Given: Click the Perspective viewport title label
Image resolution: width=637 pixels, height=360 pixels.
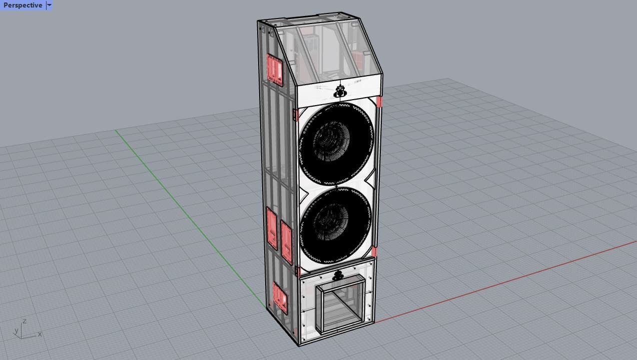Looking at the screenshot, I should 23,6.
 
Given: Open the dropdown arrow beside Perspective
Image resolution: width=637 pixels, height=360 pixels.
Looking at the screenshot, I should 49,6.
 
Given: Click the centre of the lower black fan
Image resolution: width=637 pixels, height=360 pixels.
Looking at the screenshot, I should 336,226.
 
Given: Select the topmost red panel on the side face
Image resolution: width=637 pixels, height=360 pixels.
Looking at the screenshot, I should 275,69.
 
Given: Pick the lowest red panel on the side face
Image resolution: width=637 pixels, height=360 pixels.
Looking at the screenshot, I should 280,298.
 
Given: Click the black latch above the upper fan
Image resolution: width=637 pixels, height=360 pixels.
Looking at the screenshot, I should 340,92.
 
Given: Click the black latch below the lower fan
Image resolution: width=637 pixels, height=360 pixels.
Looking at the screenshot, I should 338,274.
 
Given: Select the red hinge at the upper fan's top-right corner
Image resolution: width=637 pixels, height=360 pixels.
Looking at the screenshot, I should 379,103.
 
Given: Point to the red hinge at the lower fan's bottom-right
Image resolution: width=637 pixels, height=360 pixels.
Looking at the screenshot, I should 374,251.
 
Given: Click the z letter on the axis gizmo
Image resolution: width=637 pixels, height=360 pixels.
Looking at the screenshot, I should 25,320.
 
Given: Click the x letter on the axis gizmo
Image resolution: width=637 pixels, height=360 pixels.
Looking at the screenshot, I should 40,334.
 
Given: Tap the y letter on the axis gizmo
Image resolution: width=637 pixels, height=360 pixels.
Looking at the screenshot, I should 16,330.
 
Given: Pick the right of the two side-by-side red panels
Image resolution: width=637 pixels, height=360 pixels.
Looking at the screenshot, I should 286,242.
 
